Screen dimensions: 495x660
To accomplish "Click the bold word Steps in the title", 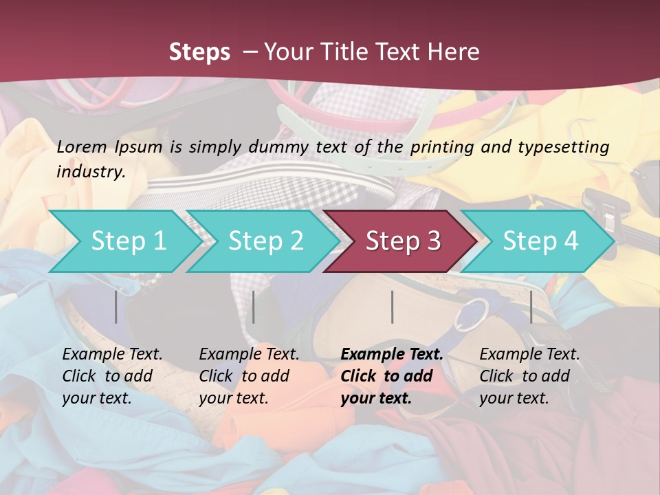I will click(x=199, y=52).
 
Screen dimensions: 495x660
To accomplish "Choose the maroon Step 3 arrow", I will click(x=403, y=241).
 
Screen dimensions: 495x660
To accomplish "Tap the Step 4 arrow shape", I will click(x=540, y=241).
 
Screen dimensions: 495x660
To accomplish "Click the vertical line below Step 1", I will click(x=116, y=307).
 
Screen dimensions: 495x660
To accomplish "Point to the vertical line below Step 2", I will click(x=254, y=307).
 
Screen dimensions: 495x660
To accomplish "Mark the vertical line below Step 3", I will click(x=392, y=307).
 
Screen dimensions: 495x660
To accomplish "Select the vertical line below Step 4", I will click(x=531, y=307).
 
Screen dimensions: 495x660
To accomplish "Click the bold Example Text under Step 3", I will click(x=392, y=355).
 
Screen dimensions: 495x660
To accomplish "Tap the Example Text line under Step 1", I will click(x=112, y=355).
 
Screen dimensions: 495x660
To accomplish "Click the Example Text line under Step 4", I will click(x=529, y=355).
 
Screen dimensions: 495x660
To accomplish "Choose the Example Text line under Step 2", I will click(x=249, y=355).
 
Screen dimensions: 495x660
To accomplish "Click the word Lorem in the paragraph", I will click(x=81, y=147).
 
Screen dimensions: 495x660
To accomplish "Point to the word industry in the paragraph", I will click(x=91, y=172).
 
